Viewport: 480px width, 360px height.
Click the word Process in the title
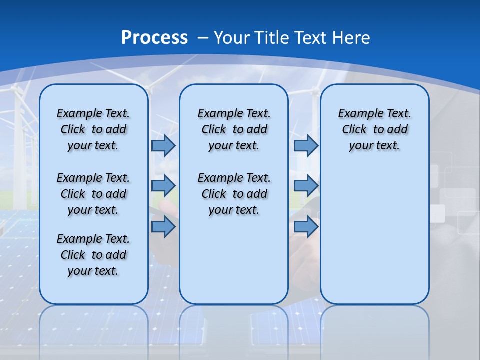point(154,38)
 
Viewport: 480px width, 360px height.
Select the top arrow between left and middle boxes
point(163,145)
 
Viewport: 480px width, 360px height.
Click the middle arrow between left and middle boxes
point(163,186)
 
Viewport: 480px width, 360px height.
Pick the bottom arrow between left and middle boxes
point(163,227)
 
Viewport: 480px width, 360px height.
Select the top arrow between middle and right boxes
point(306,145)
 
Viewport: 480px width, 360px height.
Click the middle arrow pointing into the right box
point(306,186)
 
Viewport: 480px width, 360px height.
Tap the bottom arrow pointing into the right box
point(306,227)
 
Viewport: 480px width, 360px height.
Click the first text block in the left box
point(93,129)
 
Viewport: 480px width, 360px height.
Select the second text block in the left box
point(93,194)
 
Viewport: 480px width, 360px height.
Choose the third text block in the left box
point(93,255)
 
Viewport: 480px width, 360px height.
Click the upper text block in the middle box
point(234,129)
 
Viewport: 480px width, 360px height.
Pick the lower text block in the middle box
point(234,194)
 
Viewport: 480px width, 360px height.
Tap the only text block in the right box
point(374,129)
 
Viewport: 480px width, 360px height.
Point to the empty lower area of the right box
point(374,235)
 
